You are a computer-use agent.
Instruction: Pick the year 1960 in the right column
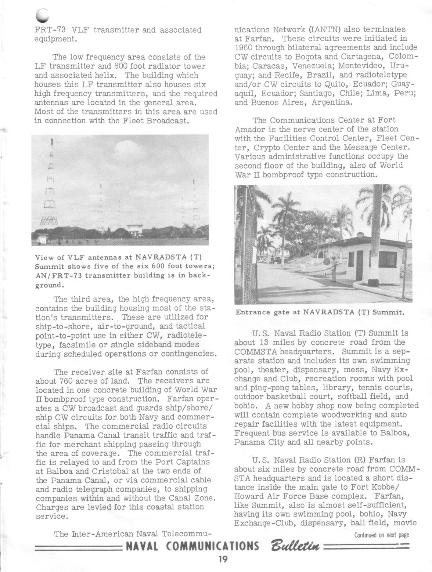click(244, 48)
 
